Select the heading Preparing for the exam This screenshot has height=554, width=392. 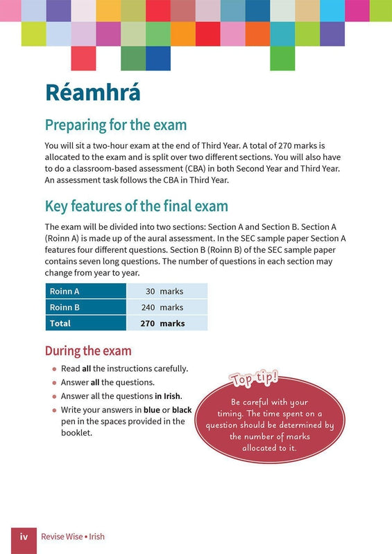(115, 125)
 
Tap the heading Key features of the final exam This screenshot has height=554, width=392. (136, 206)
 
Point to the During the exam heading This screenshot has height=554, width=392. (88, 351)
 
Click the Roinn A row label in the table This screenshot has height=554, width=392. (65, 292)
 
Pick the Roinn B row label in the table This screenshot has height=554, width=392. (65, 307)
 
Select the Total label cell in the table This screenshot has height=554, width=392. (60, 323)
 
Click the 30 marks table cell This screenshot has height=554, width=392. (167, 292)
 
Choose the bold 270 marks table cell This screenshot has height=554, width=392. (167, 323)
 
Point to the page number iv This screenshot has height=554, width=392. (24, 537)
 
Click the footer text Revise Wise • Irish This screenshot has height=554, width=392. (73, 537)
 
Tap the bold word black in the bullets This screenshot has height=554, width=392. (182, 410)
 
